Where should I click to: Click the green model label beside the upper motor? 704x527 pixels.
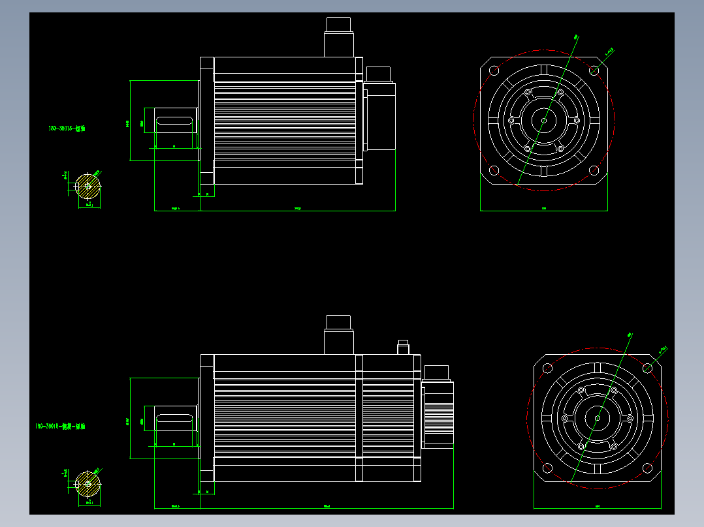[67, 128]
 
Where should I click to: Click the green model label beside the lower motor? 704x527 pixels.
[60, 426]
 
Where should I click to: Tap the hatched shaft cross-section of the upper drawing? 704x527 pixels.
[88, 187]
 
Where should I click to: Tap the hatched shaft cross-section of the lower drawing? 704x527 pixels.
[88, 484]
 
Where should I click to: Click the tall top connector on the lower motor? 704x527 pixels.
[339, 335]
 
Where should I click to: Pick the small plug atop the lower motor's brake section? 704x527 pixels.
[403, 347]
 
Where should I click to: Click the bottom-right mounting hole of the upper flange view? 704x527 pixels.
[594, 170]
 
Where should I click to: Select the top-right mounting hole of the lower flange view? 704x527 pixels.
[647, 368]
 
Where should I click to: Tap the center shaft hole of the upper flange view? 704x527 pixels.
[544, 120]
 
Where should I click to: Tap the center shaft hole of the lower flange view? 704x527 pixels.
[598, 418]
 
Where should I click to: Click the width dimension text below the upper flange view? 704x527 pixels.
[544, 209]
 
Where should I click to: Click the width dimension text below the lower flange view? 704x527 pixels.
[598, 506]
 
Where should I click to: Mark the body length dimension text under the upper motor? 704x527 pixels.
[298, 209]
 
